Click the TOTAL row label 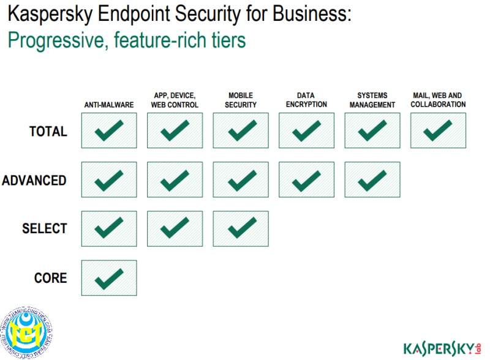[48, 131]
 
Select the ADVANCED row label [34, 180]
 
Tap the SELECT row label [45, 228]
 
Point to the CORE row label [50, 278]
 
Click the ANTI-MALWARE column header [109, 105]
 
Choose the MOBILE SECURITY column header [241, 100]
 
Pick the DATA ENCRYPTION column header [306, 100]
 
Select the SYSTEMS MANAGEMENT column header [372, 100]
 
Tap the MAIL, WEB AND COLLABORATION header [438, 100]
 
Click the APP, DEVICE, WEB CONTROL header [175, 100]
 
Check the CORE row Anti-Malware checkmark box [109, 278]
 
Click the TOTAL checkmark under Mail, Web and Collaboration [438, 130]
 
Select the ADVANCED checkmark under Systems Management [372, 179]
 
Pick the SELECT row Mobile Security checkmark [241, 228]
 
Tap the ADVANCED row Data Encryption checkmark [306, 179]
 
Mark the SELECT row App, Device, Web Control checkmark [175, 228]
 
